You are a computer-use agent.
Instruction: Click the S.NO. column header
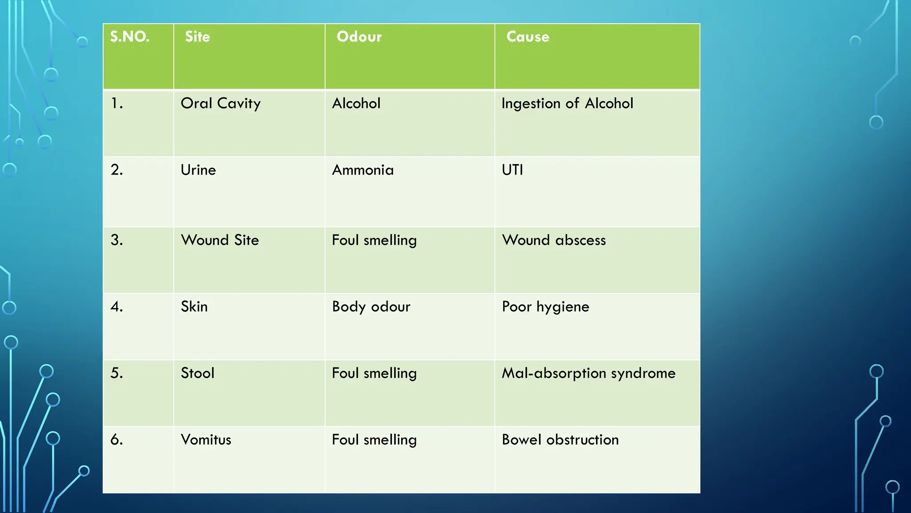coord(130,37)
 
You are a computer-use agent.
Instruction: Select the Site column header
coord(198,37)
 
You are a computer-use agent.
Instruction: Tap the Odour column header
coord(359,37)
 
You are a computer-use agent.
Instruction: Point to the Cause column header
coord(528,37)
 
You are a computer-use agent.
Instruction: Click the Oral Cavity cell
coord(221,104)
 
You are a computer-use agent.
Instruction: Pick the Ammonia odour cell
coord(363,170)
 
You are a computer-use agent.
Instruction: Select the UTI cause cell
coord(512,170)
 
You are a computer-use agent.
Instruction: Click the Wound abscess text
coord(554,240)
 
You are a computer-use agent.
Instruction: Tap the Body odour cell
coord(371,307)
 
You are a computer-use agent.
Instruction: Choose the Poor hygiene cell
coord(545,307)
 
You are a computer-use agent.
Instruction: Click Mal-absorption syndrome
coord(589,373)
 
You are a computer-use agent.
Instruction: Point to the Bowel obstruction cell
coord(560,440)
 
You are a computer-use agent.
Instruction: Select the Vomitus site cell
coord(206,440)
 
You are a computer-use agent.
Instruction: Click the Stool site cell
coord(198,373)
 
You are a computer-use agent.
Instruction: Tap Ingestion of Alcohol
coord(567,104)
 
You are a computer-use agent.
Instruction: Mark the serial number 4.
coord(117,307)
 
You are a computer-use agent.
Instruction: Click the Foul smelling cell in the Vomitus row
coord(374,440)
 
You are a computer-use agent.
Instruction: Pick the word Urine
coord(198,170)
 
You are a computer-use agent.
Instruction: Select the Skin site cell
coord(194,307)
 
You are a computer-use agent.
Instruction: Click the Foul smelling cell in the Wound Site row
coord(374,240)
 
